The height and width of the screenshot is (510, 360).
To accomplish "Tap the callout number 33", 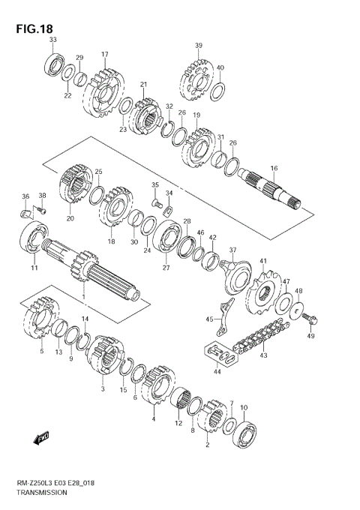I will [52, 40].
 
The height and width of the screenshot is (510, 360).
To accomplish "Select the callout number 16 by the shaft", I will [274, 167].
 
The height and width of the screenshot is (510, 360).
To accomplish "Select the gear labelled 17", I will [103, 93].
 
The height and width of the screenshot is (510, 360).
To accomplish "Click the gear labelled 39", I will [196, 77].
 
